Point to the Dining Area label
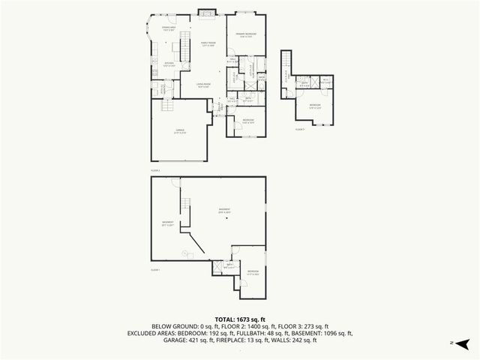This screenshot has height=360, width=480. [168, 29]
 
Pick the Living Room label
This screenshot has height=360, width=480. [202, 85]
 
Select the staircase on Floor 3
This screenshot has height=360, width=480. [286, 75]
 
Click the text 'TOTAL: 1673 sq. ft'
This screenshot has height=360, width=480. [240, 319]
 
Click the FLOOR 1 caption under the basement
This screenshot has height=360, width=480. [156, 269]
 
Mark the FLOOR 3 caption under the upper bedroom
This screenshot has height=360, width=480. [300, 130]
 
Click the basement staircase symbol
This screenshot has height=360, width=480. [184, 202]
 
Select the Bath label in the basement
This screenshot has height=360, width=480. [229, 265]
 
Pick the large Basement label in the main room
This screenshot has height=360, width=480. [224, 209]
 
